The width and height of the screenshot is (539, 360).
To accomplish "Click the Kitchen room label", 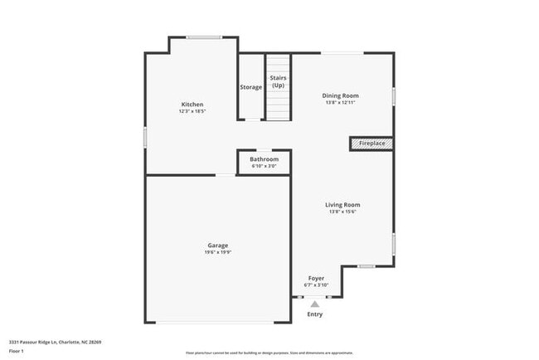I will coord(192,105).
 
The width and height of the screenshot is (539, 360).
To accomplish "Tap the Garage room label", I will coord(217,245).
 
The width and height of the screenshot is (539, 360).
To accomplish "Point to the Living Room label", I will coord(342,205).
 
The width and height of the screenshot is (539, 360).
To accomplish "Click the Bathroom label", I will coord(265,159).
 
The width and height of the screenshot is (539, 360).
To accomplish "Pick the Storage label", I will coord(251,87).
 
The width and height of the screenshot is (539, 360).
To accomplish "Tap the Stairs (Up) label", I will coord(278,81).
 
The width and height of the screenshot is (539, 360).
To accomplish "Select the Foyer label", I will coord(316,278).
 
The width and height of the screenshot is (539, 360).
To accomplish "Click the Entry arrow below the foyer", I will coord(315,304).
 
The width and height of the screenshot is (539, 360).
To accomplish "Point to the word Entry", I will coord(315,314).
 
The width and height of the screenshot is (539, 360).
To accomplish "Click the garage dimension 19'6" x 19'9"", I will coord(217,252).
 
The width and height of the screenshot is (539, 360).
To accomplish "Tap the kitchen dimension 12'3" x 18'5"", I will coord(192,111).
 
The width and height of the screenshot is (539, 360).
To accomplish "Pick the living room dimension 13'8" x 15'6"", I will coord(342,212).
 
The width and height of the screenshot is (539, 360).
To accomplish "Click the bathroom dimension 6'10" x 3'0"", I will coord(265,166).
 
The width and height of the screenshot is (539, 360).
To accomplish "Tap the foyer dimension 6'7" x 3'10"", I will coord(316,285).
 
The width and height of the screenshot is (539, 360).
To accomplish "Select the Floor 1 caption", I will coord(17,351).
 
